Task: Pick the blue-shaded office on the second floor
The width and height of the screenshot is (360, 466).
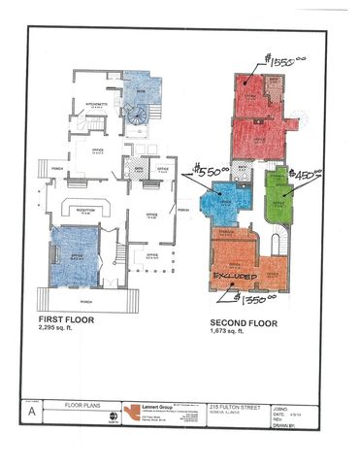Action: click(x=221, y=205)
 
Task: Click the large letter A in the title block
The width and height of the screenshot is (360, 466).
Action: click(x=34, y=411)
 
